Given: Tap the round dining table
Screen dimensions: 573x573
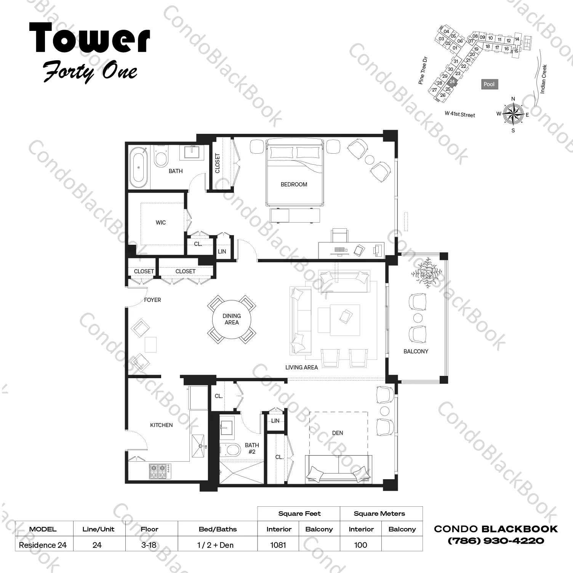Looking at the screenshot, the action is click(x=232, y=319).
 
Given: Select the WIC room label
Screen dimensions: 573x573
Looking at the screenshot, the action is click(x=161, y=223).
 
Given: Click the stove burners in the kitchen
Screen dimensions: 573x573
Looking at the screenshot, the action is click(x=160, y=471).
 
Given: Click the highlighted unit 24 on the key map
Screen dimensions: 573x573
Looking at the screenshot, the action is click(x=452, y=81).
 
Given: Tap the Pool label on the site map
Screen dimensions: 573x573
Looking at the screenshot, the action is click(x=489, y=84).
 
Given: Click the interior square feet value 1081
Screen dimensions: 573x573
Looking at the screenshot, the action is click(x=278, y=545).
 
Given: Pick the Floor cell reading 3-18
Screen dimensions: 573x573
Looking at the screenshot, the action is click(x=149, y=545).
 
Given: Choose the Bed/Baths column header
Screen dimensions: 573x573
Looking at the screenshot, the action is click(x=218, y=529).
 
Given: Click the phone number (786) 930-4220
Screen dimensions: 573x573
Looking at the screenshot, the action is click(x=496, y=541).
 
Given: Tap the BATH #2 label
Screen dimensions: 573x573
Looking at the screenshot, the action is click(x=252, y=448).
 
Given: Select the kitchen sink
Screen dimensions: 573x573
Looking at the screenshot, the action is click(x=198, y=446).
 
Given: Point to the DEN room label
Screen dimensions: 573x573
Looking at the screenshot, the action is click(x=338, y=433).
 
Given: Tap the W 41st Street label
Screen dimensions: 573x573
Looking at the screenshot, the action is click(x=460, y=114).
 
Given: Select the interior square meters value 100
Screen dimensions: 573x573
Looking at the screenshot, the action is click(x=360, y=545).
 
